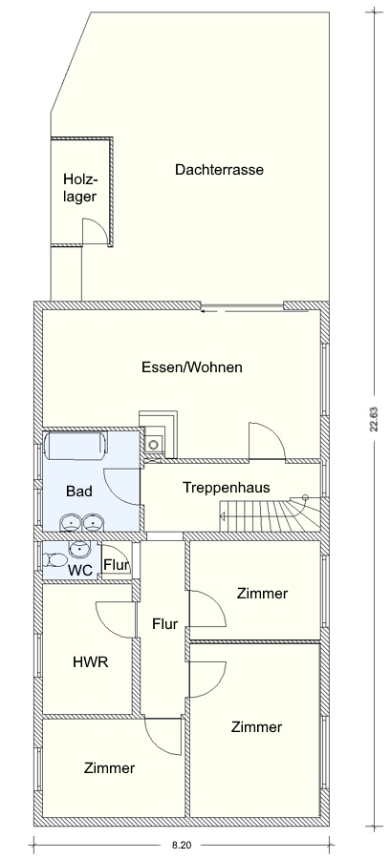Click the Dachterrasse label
pos(219,170)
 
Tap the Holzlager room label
pos(80,188)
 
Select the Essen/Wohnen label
pos(192,367)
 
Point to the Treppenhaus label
pos(227,487)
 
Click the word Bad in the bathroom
pos(79,491)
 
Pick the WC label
pos(79,569)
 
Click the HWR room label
pos(91,661)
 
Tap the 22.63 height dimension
pos(374,420)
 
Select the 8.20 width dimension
pos(181,846)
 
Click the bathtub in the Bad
pos(76,444)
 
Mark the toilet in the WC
pos(54,559)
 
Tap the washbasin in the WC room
pos(80,547)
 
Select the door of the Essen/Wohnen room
pos(267,440)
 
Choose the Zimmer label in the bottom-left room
pos(109,768)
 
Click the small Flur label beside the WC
pos(117,564)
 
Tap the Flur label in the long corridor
pos(165,623)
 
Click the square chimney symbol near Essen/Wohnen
pos(154,441)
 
